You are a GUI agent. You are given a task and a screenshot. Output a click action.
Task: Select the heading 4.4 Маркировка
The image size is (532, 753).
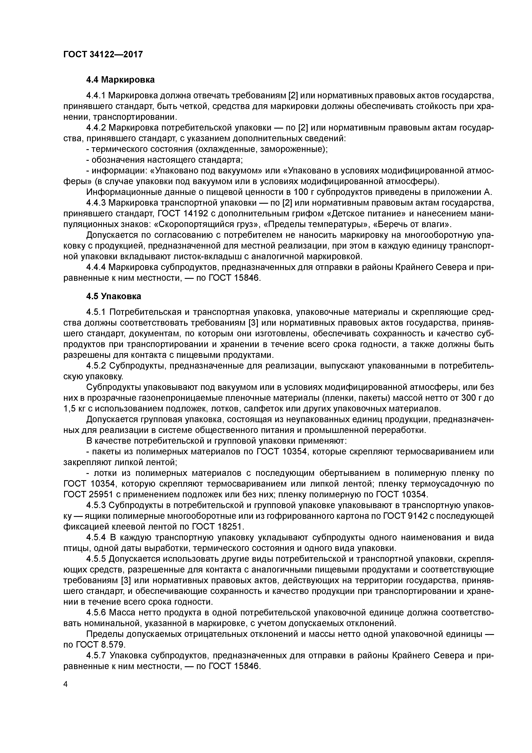[120, 80]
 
